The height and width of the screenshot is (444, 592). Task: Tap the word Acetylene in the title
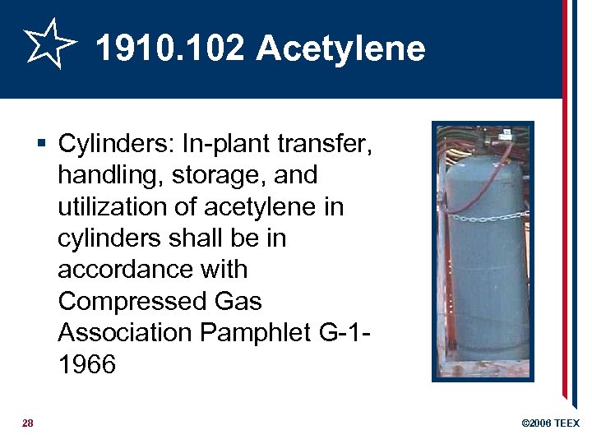pos(340,49)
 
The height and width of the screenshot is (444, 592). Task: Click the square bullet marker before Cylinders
pos(43,145)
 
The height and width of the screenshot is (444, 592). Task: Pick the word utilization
pos(112,207)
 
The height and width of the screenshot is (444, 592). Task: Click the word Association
pos(126,332)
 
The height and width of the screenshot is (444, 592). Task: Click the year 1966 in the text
pos(86,363)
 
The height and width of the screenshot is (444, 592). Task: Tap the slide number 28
pos(27,423)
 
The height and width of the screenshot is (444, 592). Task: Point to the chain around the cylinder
pos(485,216)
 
